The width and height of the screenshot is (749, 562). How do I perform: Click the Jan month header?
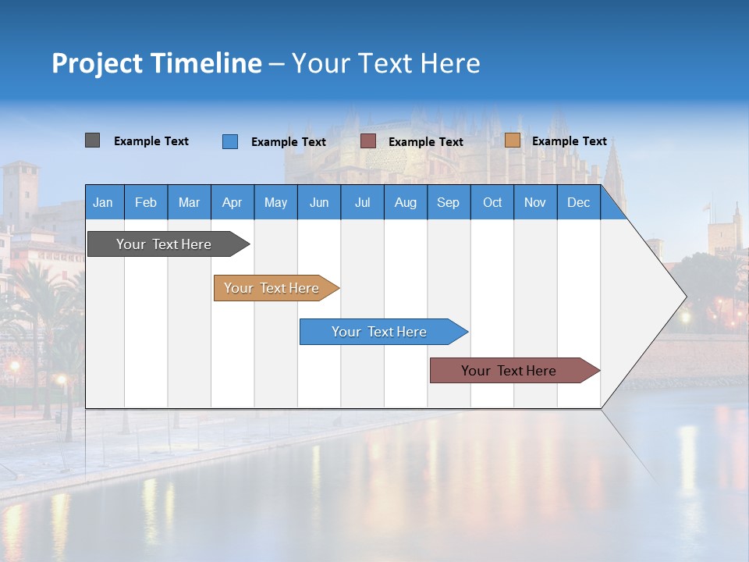click(x=103, y=203)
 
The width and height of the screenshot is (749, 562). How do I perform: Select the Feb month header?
click(x=146, y=203)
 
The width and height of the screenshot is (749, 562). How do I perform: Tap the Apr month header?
click(x=232, y=203)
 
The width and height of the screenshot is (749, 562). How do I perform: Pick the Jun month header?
click(x=318, y=203)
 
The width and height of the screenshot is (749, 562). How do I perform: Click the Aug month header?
click(x=405, y=203)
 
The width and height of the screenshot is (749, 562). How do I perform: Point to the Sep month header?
click(x=448, y=203)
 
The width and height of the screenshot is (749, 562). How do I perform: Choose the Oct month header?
click(x=492, y=203)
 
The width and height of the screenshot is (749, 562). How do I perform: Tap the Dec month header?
click(x=578, y=203)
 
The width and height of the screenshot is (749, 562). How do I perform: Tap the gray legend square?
click(x=92, y=140)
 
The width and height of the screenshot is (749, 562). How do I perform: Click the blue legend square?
click(x=229, y=141)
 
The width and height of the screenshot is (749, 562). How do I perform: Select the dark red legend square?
click(x=367, y=141)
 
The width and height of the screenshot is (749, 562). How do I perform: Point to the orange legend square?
click(x=512, y=140)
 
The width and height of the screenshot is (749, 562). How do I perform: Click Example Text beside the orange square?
click(x=569, y=141)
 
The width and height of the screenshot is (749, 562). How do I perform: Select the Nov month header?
click(x=534, y=203)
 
